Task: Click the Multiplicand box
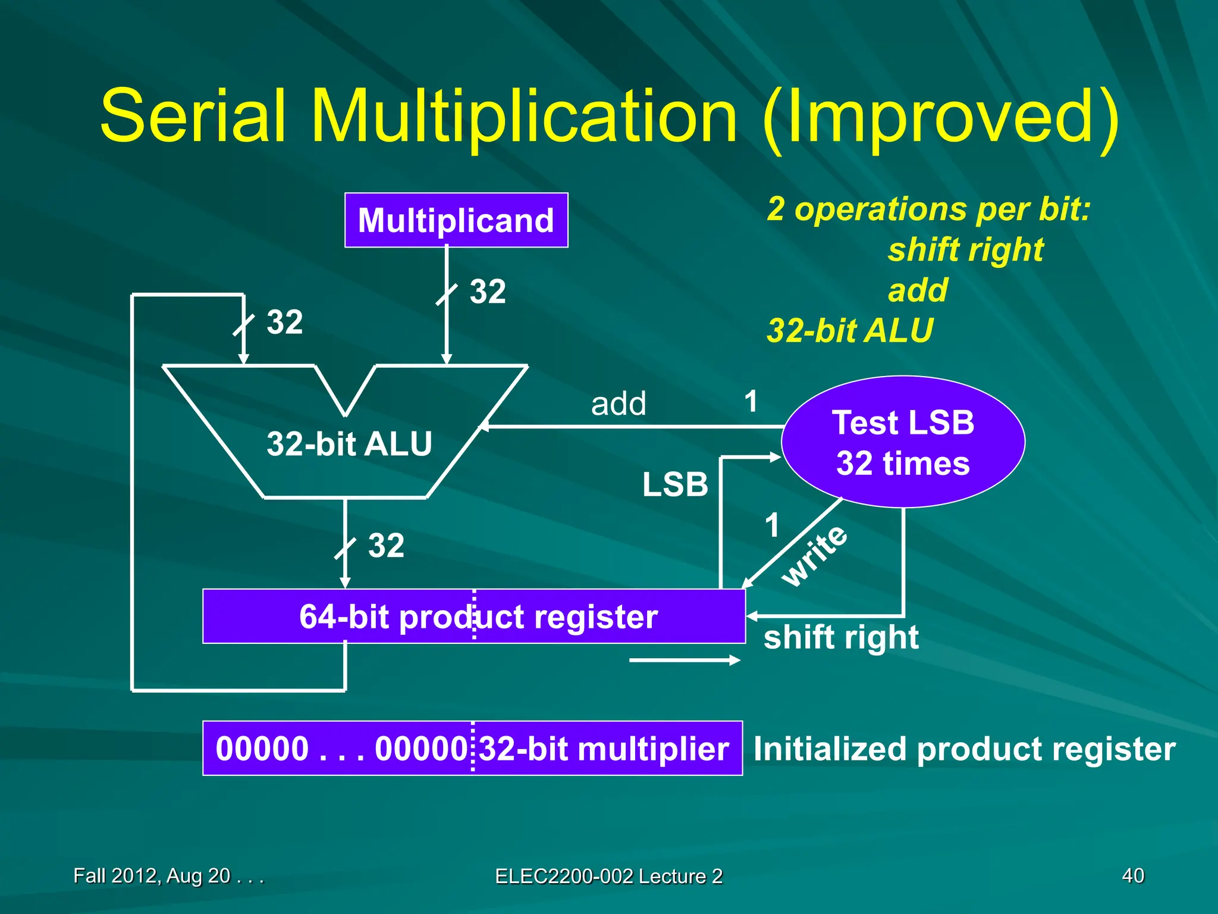click(456, 220)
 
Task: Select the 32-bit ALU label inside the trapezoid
click(349, 444)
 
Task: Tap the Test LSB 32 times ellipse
click(903, 442)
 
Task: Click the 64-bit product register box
click(473, 616)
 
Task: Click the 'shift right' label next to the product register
click(840, 637)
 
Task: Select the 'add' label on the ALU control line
click(619, 404)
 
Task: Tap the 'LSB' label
click(675, 484)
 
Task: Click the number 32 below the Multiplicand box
click(488, 292)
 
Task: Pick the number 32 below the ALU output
click(386, 545)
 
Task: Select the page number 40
click(1132, 876)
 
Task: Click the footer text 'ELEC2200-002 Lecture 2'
click(608, 877)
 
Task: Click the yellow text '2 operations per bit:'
click(928, 209)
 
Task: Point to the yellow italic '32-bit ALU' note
click(850, 331)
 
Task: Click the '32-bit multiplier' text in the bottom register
click(604, 749)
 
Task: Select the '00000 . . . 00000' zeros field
click(341, 749)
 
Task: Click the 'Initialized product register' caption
click(964, 749)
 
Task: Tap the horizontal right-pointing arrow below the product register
click(684, 660)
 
